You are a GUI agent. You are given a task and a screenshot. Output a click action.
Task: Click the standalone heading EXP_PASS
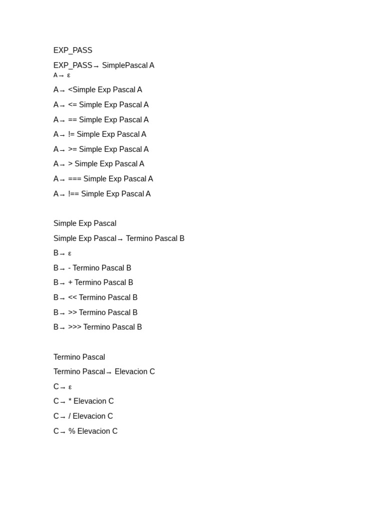pyautogui.click(x=73, y=50)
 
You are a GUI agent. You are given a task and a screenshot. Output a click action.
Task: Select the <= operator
pyautogui.click(x=73, y=105)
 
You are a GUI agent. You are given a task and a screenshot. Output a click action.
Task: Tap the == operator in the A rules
pyautogui.click(x=73, y=120)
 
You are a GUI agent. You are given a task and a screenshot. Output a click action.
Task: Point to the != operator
pyautogui.click(x=72, y=134)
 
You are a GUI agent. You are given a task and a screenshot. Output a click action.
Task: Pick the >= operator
pyautogui.click(x=73, y=149)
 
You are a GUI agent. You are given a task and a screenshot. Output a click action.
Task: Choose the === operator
pyautogui.click(x=75, y=179)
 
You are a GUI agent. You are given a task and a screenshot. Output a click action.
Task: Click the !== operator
pyautogui.click(x=74, y=194)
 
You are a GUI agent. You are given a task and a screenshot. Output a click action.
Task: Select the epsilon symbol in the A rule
pyautogui.click(x=69, y=75)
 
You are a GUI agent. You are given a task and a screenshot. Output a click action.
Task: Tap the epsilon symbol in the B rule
pyautogui.click(x=70, y=253)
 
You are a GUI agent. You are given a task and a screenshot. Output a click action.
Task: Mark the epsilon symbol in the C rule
pyautogui.click(x=70, y=387)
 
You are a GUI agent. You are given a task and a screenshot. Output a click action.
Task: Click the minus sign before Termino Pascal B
pyautogui.click(x=70, y=268)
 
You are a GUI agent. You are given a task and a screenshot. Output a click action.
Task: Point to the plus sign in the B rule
pyautogui.click(x=70, y=283)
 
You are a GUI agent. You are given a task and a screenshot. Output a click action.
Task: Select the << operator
pyautogui.click(x=73, y=298)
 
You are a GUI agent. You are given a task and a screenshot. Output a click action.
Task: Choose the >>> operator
pyautogui.click(x=75, y=327)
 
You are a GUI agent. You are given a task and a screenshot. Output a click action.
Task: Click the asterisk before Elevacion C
pyautogui.click(x=70, y=401)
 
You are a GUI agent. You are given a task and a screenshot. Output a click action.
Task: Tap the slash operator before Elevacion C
pyautogui.click(x=70, y=416)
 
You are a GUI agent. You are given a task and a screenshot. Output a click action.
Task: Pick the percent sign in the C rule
pyautogui.click(x=72, y=431)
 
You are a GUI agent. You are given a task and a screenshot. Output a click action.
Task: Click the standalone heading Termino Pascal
pyautogui.click(x=79, y=357)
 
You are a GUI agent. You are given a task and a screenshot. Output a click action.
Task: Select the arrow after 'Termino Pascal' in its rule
pyautogui.click(x=109, y=372)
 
